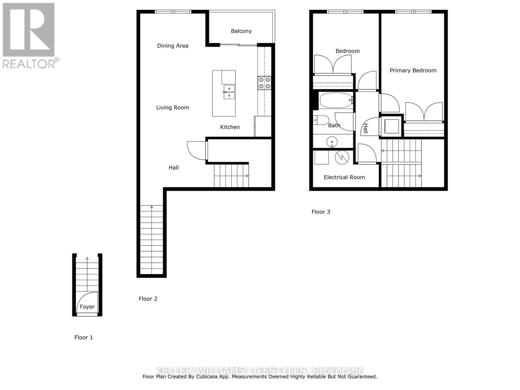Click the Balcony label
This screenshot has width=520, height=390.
click(x=241, y=31)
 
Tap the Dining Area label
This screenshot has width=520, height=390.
click(x=173, y=46)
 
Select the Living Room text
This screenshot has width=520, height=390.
click(x=173, y=108)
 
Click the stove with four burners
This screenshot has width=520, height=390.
click(x=265, y=83)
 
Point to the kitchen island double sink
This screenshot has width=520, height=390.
click(x=229, y=92)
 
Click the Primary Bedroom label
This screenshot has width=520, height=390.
click(x=413, y=71)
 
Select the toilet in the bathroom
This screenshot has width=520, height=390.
click(x=320, y=120)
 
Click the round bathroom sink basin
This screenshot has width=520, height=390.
click(x=332, y=142)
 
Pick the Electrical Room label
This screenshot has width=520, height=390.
click(x=344, y=177)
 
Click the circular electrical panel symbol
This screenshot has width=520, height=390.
click(x=342, y=157)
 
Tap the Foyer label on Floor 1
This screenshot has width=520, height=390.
click(x=87, y=307)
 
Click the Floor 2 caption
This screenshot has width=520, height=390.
click(x=148, y=299)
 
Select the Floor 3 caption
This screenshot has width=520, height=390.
click(x=321, y=212)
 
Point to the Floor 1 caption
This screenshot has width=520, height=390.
click(x=84, y=338)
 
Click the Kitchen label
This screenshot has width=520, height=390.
click(x=230, y=127)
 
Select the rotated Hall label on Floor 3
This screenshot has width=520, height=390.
click(x=366, y=128)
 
